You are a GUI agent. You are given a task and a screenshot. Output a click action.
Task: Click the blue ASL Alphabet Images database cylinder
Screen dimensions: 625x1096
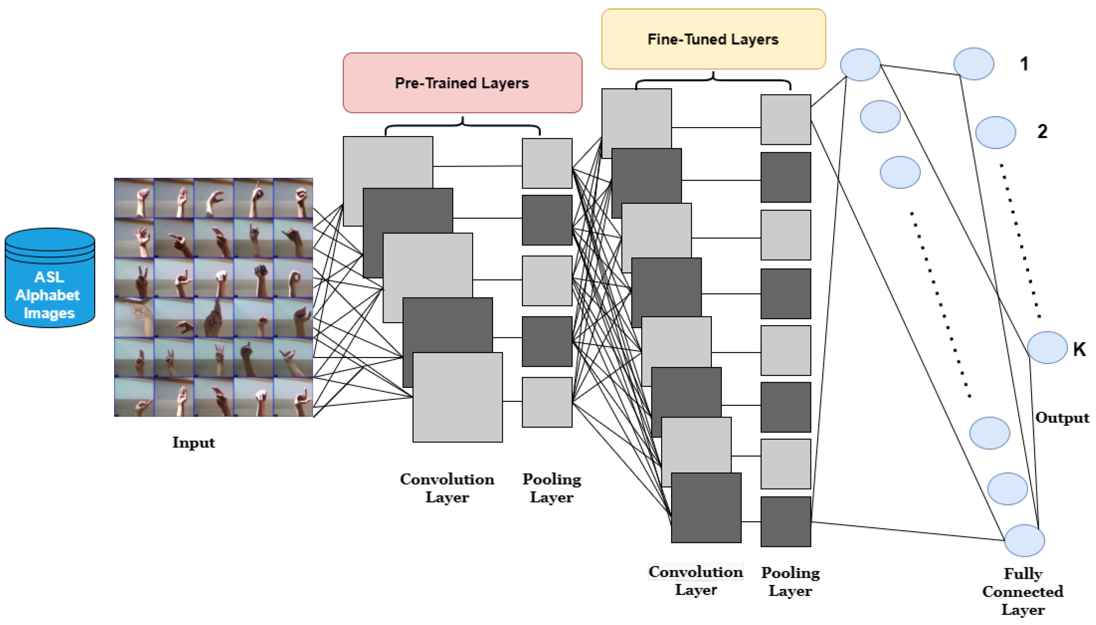(x=49, y=278)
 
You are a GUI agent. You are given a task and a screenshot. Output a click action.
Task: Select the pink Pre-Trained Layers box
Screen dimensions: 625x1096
(x=462, y=83)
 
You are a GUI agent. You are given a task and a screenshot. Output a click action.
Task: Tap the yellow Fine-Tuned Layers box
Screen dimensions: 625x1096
(x=713, y=39)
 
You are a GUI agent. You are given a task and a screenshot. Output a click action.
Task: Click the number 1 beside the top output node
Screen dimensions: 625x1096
(x=1024, y=64)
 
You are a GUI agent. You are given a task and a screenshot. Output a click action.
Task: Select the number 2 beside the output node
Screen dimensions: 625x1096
(x=1042, y=131)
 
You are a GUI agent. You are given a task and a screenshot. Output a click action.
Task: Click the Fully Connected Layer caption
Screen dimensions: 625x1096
(x=1023, y=592)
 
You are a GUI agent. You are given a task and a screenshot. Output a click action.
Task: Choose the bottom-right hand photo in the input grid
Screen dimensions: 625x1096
(x=293, y=397)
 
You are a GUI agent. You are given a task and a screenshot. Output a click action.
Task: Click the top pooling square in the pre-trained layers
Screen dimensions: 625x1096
(x=547, y=163)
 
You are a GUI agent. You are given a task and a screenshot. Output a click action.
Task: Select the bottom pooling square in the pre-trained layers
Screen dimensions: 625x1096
(x=547, y=402)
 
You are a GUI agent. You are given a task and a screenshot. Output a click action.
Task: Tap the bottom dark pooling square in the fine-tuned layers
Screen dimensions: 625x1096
(x=785, y=522)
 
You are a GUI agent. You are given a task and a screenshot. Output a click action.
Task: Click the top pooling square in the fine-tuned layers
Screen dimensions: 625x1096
(x=785, y=119)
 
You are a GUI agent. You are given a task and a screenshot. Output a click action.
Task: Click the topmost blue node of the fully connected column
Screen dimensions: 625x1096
(x=860, y=65)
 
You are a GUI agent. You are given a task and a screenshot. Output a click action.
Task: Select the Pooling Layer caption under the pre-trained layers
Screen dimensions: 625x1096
(x=551, y=488)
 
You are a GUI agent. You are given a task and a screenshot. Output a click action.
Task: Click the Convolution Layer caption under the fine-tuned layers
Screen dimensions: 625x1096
(x=695, y=581)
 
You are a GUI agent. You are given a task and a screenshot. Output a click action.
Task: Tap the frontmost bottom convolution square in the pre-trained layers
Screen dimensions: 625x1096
(x=457, y=397)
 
